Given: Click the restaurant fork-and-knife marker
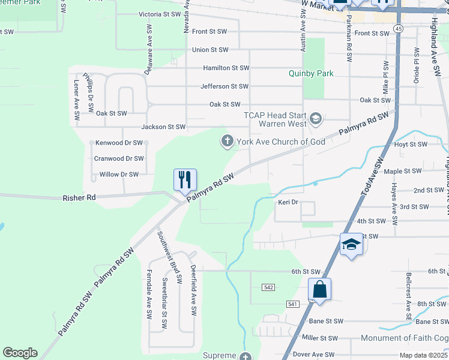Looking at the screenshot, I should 185,179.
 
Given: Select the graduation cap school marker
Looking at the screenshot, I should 351,244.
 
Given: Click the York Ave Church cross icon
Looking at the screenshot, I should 227,142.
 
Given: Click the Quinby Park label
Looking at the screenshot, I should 311,73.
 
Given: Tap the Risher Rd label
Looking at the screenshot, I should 79,197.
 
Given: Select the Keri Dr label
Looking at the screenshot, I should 288,202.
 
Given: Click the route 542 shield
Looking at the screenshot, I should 268,288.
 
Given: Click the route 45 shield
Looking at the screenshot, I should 398,28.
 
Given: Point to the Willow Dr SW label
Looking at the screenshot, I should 116,175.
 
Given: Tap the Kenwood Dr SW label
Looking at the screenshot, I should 118,143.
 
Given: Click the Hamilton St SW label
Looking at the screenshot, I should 226,68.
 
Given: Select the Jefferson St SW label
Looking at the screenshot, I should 224,86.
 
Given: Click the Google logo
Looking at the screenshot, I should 20,353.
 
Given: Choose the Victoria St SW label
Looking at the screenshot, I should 159,14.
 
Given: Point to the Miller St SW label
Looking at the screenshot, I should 320,338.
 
